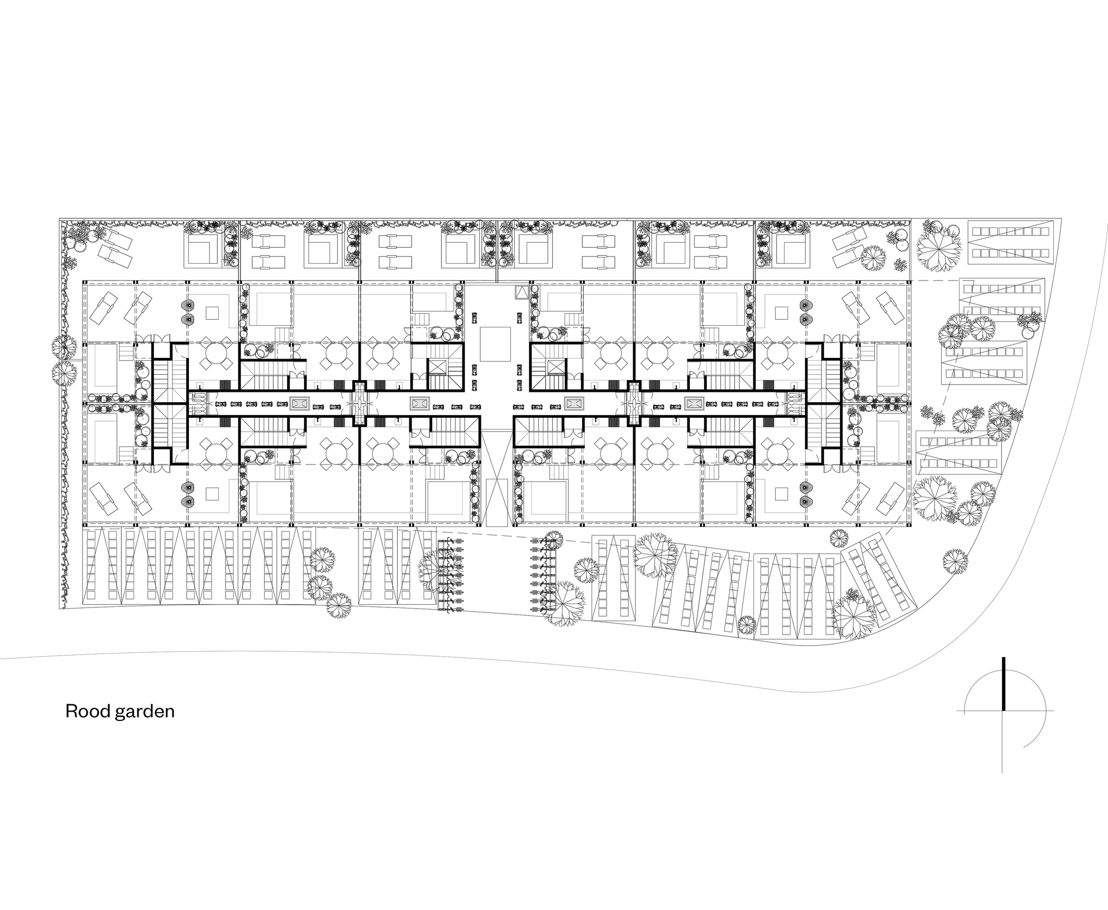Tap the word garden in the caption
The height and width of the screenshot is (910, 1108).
[x=144, y=711]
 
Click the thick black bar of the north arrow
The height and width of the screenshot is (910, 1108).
[x=1003, y=683]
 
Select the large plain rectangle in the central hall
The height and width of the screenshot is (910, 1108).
[x=495, y=344]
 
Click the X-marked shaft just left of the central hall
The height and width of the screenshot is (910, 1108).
[x=438, y=366]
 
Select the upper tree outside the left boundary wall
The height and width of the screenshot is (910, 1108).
[x=64, y=347]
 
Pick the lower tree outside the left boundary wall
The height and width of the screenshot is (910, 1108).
[x=65, y=374]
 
